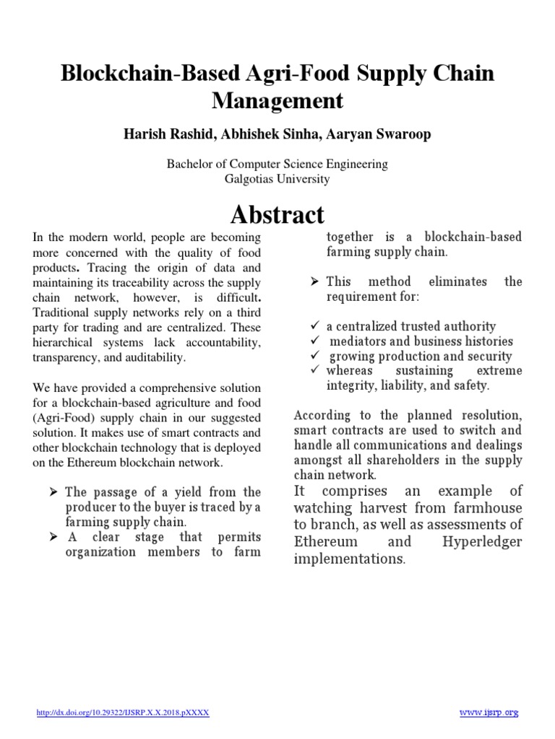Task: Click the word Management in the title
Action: coord(277,101)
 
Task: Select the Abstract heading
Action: coord(277,214)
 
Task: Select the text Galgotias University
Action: coord(277,178)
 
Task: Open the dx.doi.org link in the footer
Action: coord(123,693)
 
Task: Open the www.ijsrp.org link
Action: coord(489,693)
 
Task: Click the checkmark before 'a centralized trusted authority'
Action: coord(314,326)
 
